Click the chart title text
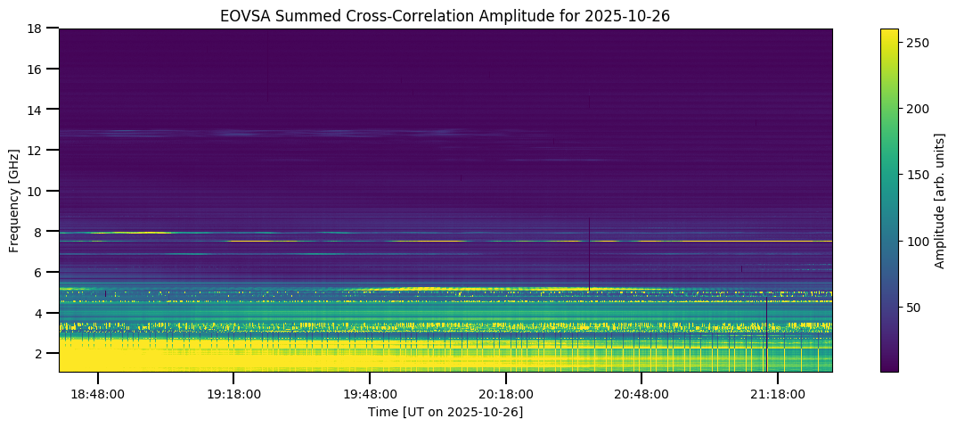(x=445, y=15)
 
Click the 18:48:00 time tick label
(x=98, y=393)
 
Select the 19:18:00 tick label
(x=233, y=393)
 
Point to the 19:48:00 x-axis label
(x=370, y=393)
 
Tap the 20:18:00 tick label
(x=506, y=393)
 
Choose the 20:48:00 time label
(x=641, y=393)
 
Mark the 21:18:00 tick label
(x=778, y=393)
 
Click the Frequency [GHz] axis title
(x=14, y=200)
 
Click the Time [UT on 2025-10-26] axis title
(x=445, y=412)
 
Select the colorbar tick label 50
(x=912, y=308)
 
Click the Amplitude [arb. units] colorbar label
(x=939, y=200)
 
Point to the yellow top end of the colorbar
(x=888, y=32)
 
